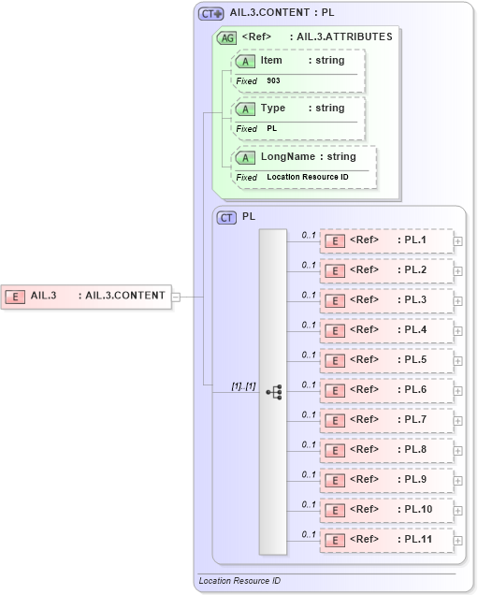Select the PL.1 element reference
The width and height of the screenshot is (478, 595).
386,240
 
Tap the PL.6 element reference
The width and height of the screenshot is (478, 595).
386,390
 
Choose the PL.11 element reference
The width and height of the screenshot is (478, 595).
386,540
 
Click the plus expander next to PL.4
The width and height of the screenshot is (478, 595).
458,331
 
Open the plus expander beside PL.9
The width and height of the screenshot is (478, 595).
458,481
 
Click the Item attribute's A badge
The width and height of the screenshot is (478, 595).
245,61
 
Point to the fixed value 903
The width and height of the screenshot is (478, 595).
273,81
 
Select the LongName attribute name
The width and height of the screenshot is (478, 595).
286,156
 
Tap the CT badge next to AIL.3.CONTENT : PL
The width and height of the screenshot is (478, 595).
211,14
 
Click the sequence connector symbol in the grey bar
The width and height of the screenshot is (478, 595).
274,393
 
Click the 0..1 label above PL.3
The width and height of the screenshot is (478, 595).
308,295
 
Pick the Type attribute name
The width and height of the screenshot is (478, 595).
273,109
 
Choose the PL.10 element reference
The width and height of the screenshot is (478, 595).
386,510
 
